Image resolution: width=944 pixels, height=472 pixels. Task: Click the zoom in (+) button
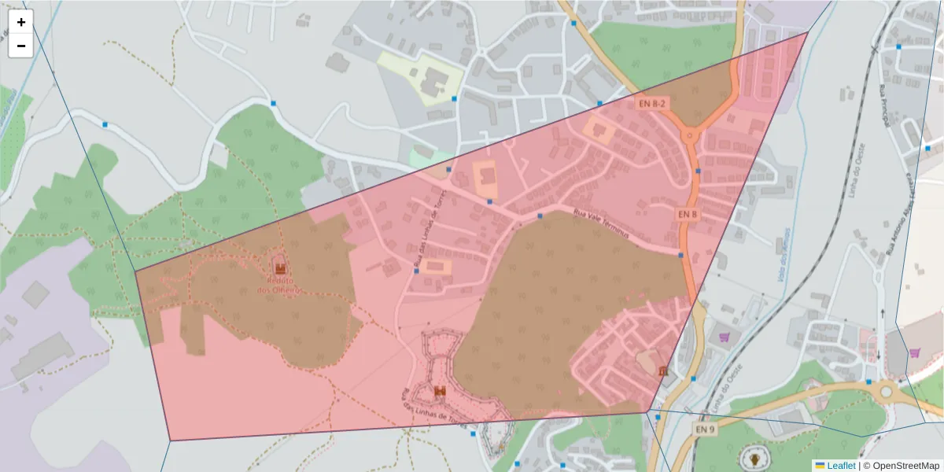[21, 22]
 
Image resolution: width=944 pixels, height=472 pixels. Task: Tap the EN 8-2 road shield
[651, 103]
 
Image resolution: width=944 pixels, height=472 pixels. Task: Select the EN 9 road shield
[706, 430]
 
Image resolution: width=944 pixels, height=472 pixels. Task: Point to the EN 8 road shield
[687, 214]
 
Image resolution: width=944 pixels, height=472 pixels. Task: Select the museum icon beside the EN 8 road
[664, 370]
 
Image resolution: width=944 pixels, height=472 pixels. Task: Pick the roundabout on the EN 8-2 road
[691, 136]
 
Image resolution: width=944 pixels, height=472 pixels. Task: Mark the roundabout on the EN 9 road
[887, 389]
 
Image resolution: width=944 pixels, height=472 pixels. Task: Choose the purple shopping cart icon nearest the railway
[725, 337]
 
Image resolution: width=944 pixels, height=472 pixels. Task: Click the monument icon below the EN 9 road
[756, 458]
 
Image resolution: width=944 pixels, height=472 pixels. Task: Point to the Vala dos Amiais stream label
[784, 252]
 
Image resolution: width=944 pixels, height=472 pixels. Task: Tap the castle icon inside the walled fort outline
[440, 391]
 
